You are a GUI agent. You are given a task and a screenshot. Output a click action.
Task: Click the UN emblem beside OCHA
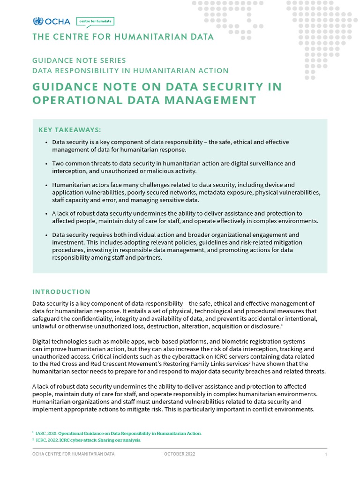click(x=37, y=22)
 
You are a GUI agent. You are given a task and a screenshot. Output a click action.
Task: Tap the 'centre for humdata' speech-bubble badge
click(x=95, y=22)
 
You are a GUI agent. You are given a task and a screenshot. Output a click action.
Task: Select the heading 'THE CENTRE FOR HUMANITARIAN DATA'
click(x=123, y=37)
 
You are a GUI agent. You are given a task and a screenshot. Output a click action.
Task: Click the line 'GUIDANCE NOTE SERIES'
click(x=79, y=60)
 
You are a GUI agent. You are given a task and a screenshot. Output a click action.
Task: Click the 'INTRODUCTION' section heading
click(x=61, y=292)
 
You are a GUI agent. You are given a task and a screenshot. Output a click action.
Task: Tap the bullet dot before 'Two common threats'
click(x=46, y=164)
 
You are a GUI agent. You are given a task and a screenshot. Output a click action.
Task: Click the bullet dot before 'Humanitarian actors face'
click(x=46, y=185)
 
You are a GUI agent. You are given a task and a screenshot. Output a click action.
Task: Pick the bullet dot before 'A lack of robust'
click(x=46, y=214)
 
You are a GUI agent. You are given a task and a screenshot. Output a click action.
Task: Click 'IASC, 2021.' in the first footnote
click(x=46, y=434)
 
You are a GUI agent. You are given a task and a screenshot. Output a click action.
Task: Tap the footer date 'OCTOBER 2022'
click(x=180, y=454)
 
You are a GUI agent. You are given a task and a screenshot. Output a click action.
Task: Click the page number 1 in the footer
click(x=326, y=455)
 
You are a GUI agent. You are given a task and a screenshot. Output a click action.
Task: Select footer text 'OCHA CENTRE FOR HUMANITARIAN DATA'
click(x=73, y=454)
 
